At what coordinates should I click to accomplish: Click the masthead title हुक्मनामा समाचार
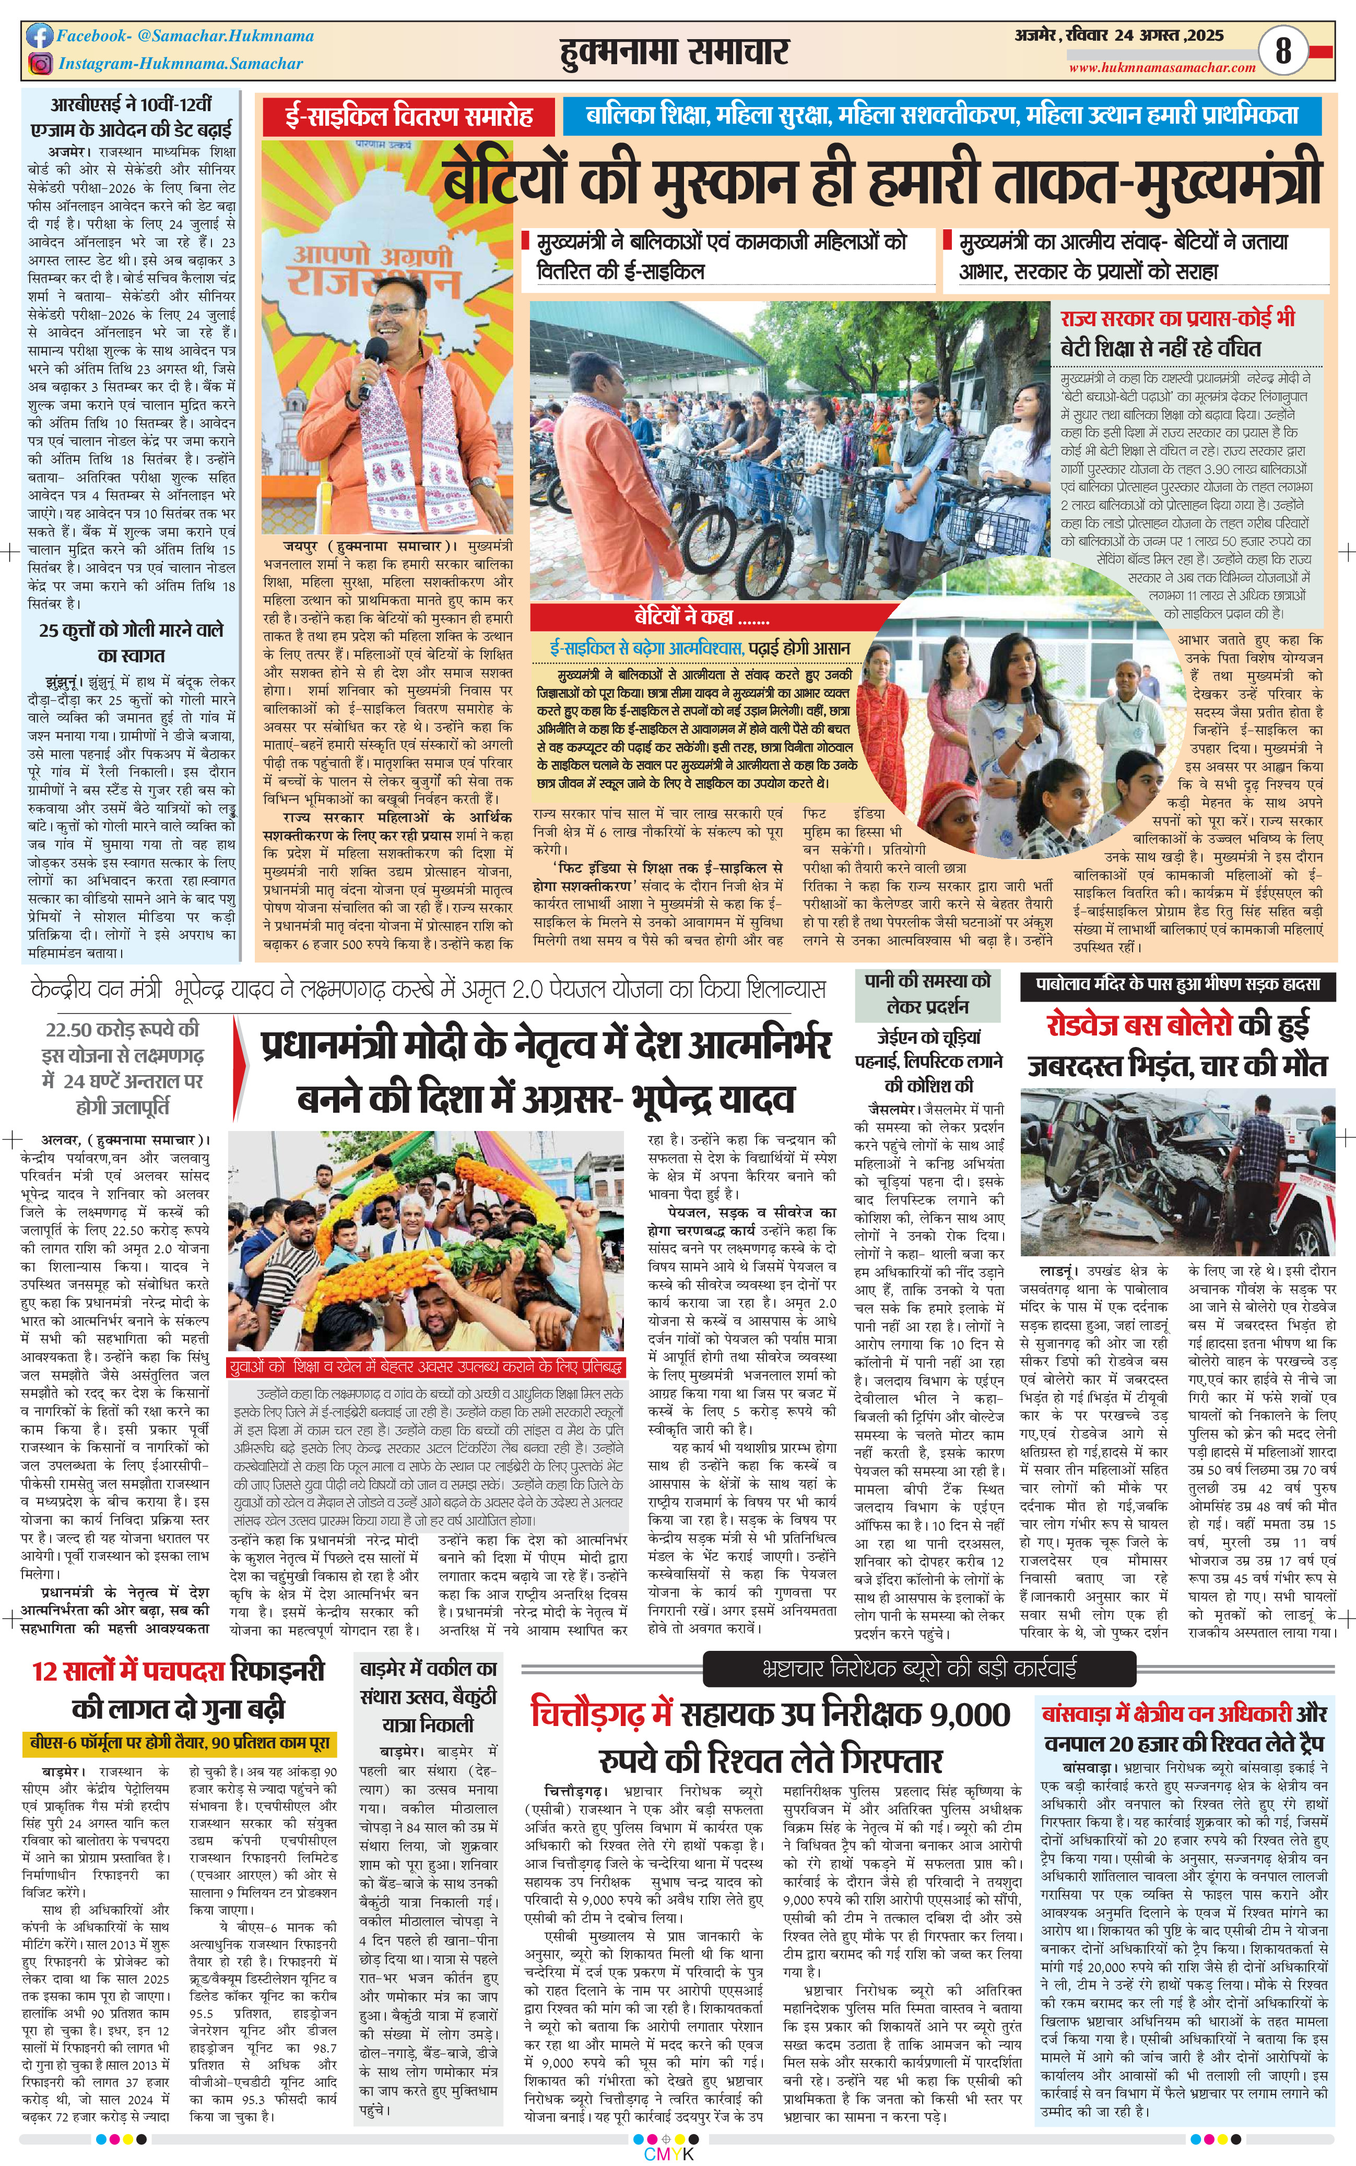tap(673, 52)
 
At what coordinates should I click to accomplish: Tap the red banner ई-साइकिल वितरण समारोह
tap(409, 116)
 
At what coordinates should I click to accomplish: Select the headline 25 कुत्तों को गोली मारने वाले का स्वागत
tap(131, 642)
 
